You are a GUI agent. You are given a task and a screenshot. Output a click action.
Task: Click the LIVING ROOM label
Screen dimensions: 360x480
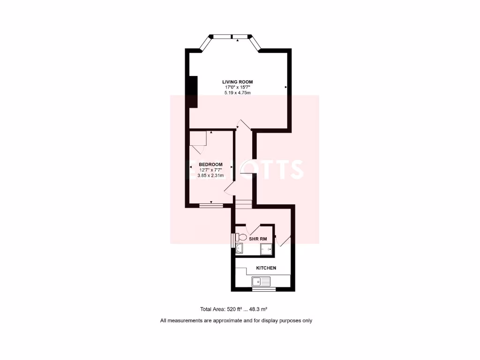[237, 82]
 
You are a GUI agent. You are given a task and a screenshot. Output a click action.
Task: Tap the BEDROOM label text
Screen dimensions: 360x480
[210, 164]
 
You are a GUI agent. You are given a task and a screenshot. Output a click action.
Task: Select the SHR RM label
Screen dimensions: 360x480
[258, 239]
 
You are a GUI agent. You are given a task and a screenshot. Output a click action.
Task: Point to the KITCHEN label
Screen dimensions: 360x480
[266, 268]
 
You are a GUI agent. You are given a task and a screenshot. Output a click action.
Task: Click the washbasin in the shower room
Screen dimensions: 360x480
[240, 249]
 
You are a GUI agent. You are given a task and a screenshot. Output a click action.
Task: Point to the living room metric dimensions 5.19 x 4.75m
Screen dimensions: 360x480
[237, 93]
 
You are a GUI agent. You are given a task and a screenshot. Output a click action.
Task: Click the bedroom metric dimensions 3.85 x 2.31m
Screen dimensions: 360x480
[210, 176]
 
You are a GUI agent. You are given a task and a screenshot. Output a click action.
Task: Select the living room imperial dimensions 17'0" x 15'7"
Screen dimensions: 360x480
[237, 87]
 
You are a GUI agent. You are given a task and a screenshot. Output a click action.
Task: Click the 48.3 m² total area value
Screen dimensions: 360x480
[257, 309]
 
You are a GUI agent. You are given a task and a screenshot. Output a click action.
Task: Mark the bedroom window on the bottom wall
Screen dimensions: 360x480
[211, 205]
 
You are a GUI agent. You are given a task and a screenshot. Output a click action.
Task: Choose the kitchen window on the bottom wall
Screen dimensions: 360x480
[264, 289]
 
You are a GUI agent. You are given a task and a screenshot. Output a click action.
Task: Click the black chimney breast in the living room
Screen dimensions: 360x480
[192, 91]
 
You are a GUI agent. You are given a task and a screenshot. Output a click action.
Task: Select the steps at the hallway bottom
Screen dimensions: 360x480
[243, 203]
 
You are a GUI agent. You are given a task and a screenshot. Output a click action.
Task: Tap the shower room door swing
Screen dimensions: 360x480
[254, 230]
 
